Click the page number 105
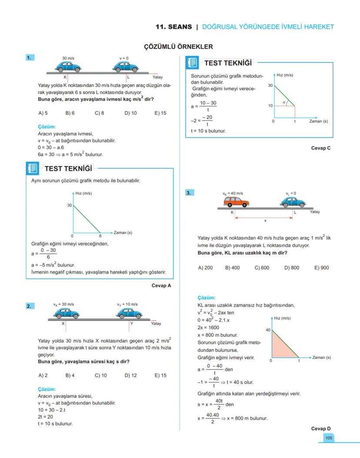[328, 438]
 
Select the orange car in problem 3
[237, 202]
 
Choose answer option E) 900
[321, 267]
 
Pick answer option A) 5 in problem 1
[43, 113]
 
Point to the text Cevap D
[321, 428]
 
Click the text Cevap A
[161, 286]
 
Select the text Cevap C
[321, 148]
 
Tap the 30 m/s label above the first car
[68, 58]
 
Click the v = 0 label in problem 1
[124, 58]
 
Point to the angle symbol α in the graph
[284, 102]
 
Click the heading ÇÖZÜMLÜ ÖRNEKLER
[178, 47]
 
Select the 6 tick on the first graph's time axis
[100, 236]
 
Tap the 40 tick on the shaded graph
[268, 330]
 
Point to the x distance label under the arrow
[265, 221]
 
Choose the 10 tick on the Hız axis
[270, 106]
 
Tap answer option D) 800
[292, 267]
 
